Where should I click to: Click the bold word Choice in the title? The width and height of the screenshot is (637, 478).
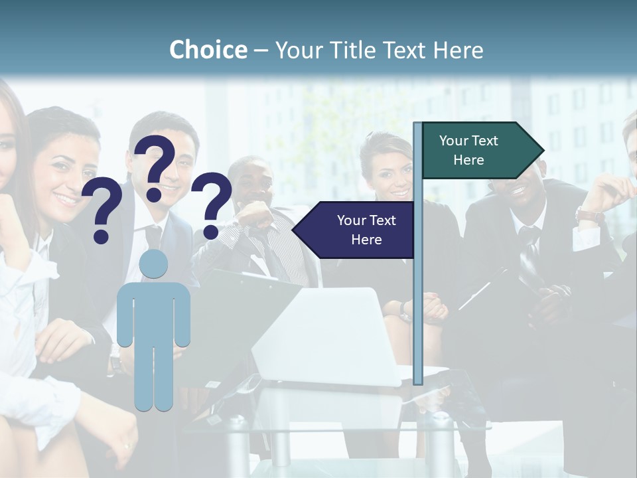208,50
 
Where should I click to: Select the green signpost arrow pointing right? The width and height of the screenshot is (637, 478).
481,150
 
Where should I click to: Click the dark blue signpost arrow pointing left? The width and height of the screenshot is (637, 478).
355,230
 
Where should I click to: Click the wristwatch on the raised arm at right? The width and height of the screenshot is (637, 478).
589,215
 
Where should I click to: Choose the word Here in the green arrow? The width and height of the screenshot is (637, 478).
468,160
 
